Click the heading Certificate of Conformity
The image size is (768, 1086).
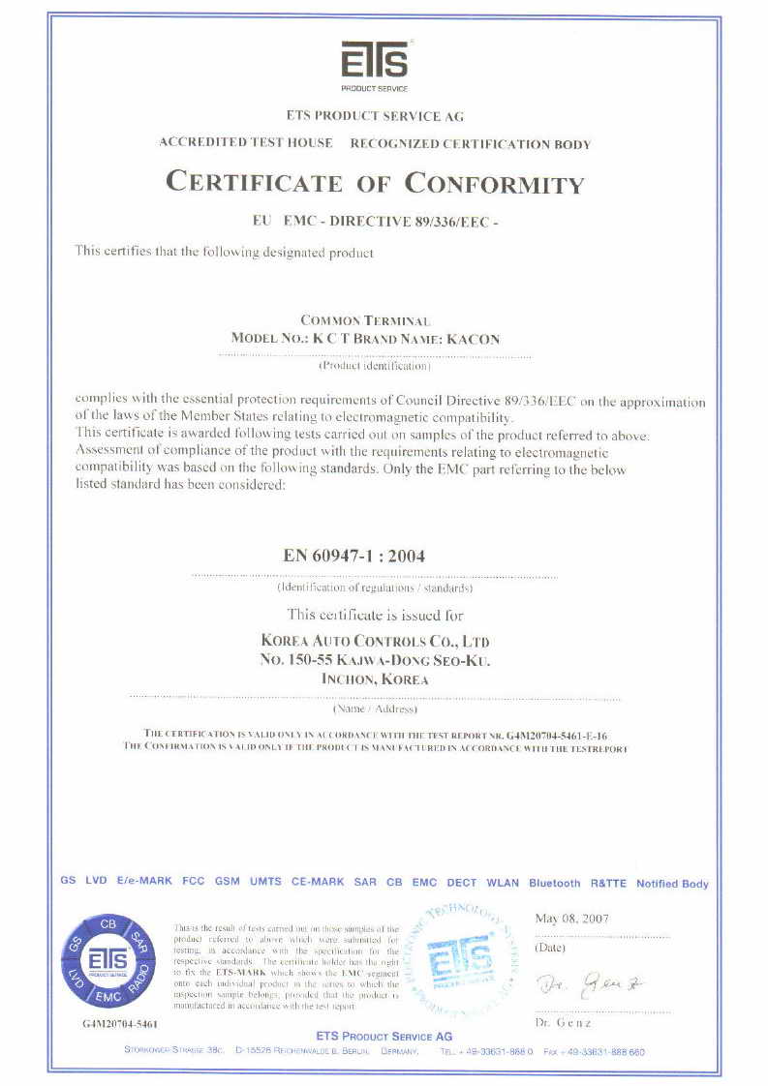[x=376, y=182]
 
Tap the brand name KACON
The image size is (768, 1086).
[x=478, y=339]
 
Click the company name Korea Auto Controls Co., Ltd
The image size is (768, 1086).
[x=375, y=641]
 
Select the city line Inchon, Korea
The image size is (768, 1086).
[x=375, y=679]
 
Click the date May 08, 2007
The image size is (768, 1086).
[x=571, y=919]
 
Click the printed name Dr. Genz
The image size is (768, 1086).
[x=563, y=1023]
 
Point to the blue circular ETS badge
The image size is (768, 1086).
[x=108, y=960]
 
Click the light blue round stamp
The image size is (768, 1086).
[x=461, y=961]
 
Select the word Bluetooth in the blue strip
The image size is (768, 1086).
[x=555, y=883]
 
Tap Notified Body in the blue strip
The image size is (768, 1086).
[x=672, y=883]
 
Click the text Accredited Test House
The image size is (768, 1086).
[x=246, y=142]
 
